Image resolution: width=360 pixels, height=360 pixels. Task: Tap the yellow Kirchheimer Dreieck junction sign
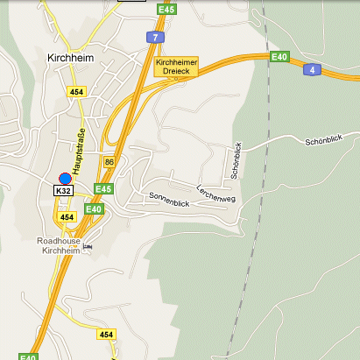point(176,67)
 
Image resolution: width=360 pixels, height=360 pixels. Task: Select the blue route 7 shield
point(154,36)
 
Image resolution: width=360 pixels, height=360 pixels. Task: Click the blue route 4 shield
point(311,68)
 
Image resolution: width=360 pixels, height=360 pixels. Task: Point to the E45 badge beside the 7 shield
point(166,9)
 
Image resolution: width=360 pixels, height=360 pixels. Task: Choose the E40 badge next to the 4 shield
point(279,57)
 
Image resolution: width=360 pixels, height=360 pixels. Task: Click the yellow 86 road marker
point(109,162)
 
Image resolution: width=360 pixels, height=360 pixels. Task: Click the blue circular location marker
point(65,179)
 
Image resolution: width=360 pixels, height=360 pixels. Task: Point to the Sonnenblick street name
point(169,200)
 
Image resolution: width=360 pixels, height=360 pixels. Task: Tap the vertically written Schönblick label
point(236,160)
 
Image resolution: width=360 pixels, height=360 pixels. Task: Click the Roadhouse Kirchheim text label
point(60,245)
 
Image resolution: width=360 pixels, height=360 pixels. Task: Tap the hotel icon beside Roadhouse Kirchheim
point(87,247)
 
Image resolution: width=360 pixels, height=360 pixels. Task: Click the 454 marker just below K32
point(67,216)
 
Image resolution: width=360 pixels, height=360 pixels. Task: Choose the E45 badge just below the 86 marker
point(103,188)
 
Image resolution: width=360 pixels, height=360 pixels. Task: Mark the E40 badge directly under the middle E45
point(94,208)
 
